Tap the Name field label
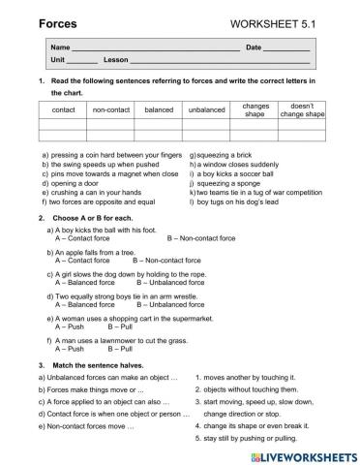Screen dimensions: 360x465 point(60,46)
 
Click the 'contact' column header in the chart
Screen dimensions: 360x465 point(63,109)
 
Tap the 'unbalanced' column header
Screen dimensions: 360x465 point(206,109)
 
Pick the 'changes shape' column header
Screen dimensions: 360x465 point(255,109)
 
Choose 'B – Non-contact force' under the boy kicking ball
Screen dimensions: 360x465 point(201,237)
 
